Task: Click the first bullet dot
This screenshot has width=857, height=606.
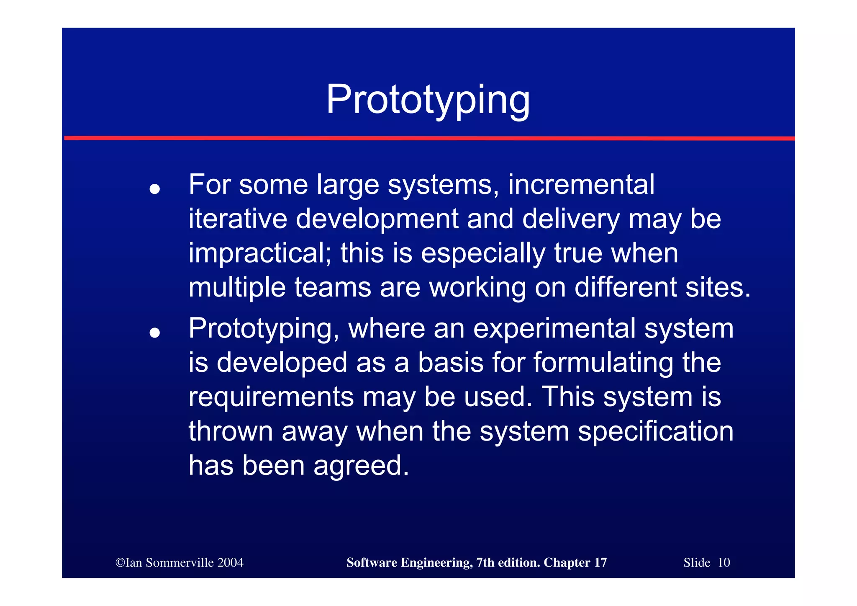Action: click(154, 189)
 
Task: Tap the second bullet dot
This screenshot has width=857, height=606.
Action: click(154, 333)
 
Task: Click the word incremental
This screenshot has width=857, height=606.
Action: click(581, 184)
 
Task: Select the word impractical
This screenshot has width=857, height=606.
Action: click(259, 253)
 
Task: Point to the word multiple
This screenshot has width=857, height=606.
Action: click(237, 288)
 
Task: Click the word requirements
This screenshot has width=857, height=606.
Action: click(271, 397)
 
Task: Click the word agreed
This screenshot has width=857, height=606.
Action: click(361, 466)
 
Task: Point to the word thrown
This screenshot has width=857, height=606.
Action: click(231, 431)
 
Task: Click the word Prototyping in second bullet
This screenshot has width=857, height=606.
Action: click(264, 329)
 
